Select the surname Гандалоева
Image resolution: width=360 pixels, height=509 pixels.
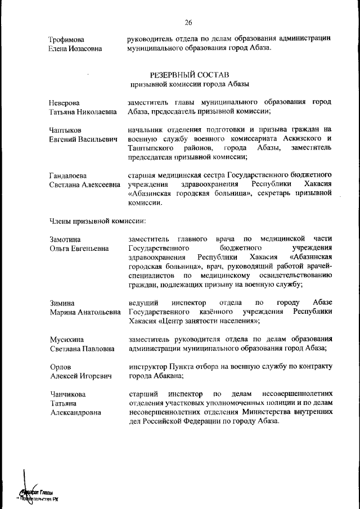(70, 175)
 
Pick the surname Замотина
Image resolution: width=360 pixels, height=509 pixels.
(66, 240)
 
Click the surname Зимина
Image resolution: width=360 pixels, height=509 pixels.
(62, 303)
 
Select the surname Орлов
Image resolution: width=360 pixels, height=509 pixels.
(60, 367)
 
